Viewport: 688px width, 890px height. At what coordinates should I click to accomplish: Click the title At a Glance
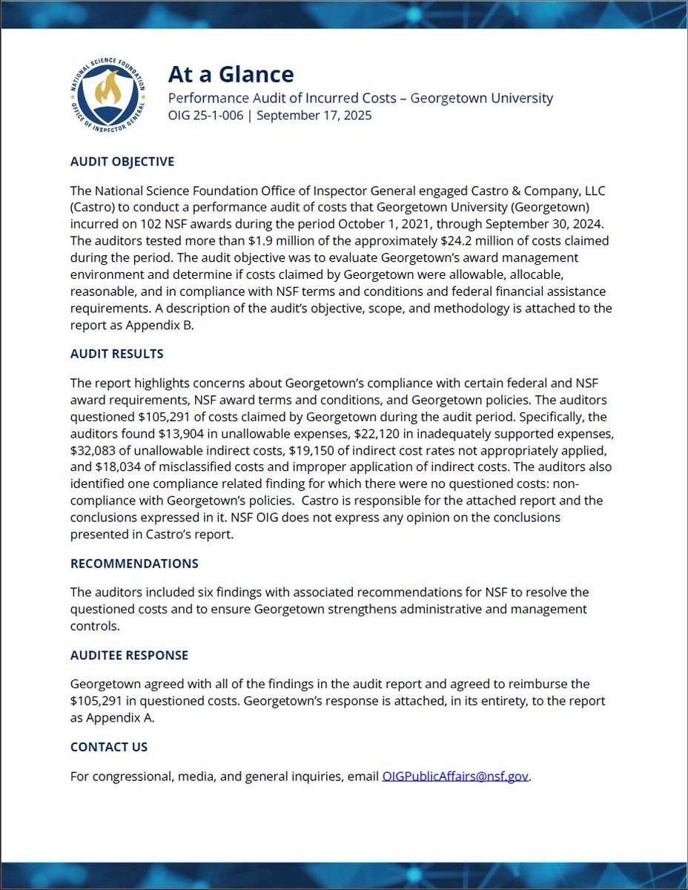(231, 74)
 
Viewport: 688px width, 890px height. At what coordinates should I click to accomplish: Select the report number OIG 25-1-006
(205, 115)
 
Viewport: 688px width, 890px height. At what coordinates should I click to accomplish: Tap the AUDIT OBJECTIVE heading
(122, 162)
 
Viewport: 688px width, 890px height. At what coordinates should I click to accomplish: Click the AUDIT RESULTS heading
(117, 354)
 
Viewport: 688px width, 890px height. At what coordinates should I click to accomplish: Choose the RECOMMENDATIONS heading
(134, 563)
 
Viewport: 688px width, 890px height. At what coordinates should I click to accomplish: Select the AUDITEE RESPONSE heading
(129, 655)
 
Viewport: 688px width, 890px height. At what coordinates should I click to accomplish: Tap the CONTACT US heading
(109, 747)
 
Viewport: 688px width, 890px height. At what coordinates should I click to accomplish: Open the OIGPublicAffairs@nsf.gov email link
(455, 777)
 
